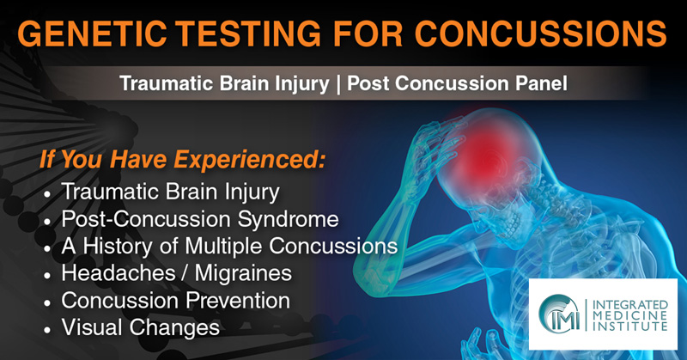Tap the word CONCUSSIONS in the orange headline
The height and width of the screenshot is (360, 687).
point(541,34)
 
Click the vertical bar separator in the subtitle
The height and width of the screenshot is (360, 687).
point(337,83)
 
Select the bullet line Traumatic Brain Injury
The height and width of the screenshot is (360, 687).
point(170,192)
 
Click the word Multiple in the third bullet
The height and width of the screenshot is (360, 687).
point(224,246)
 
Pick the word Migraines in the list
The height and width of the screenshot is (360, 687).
point(243,272)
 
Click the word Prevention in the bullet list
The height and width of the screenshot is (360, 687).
point(238,301)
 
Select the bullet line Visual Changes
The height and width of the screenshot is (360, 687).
point(141,327)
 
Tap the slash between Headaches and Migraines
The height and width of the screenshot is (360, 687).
point(185,273)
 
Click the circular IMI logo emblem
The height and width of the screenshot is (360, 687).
point(559,314)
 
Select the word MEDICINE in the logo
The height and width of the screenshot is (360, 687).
point(630,315)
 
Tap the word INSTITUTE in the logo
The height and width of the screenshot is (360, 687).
point(630,326)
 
